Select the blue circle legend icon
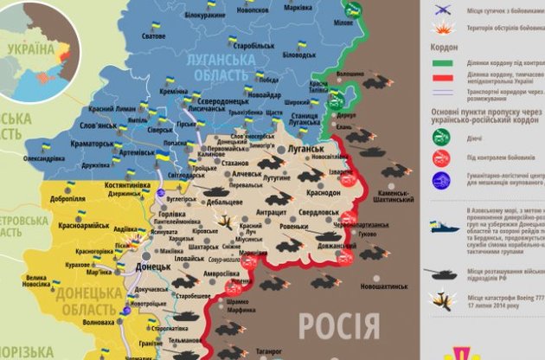point(442,180)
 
